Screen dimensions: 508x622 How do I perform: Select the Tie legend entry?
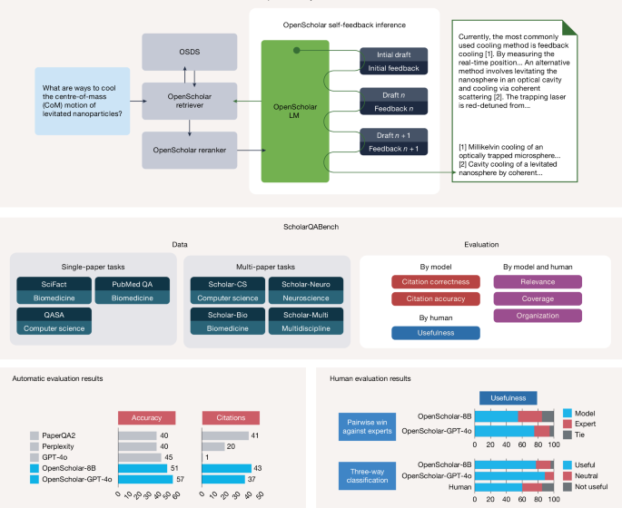pos(578,435)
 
